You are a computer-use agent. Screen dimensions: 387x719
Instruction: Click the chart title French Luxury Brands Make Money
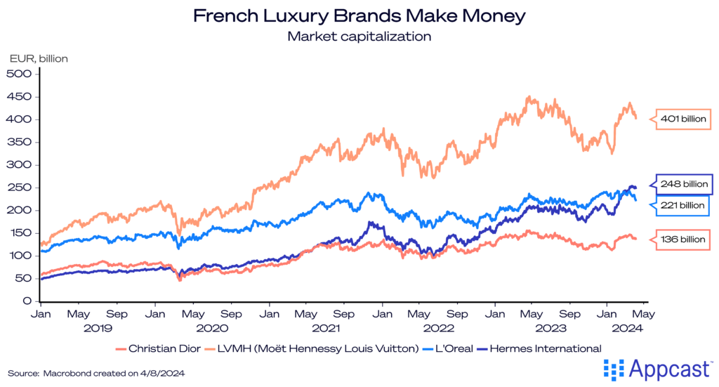[359, 15]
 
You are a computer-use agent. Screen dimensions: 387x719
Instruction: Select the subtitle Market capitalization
[359, 35]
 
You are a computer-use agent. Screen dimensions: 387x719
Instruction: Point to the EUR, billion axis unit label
[38, 59]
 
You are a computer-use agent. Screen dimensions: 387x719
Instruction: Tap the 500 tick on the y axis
[23, 74]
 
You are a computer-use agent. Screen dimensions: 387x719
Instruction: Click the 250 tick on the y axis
[23, 188]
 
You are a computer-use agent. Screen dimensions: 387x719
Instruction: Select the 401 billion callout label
[683, 119]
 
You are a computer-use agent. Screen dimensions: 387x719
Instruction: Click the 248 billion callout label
[683, 185]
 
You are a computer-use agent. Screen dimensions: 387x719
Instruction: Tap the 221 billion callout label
[683, 205]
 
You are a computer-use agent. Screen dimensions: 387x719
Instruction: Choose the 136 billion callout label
[683, 240]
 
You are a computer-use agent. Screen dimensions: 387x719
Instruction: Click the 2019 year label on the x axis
[99, 327]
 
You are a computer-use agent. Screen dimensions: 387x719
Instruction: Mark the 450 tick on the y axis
[23, 96]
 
